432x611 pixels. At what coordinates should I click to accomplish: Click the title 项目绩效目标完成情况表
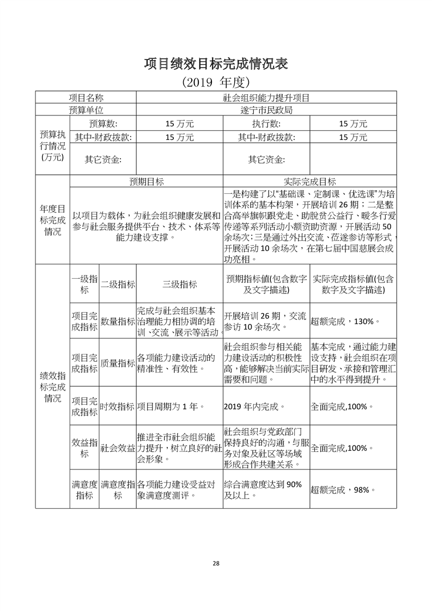click(x=216, y=63)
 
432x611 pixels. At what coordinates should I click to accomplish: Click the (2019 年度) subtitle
click(x=216, y=82)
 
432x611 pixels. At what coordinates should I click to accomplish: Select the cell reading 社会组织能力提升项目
click(x=266, y=98)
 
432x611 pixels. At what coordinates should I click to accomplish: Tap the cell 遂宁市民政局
click(x=266, y=111)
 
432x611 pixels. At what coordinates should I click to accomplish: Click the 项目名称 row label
click(x=86, y=98)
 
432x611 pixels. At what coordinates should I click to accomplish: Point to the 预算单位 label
click(x=86, y=111)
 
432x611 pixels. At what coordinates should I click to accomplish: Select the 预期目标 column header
click(x=146, y=181)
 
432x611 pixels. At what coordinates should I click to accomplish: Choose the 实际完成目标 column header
click(x=309, y=181)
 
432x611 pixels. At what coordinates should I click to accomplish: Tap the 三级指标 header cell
click(x=179, y=284)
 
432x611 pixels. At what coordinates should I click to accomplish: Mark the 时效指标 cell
click(x=117, y=406)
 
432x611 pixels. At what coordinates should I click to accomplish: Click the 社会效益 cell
click(x=117, y=448)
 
